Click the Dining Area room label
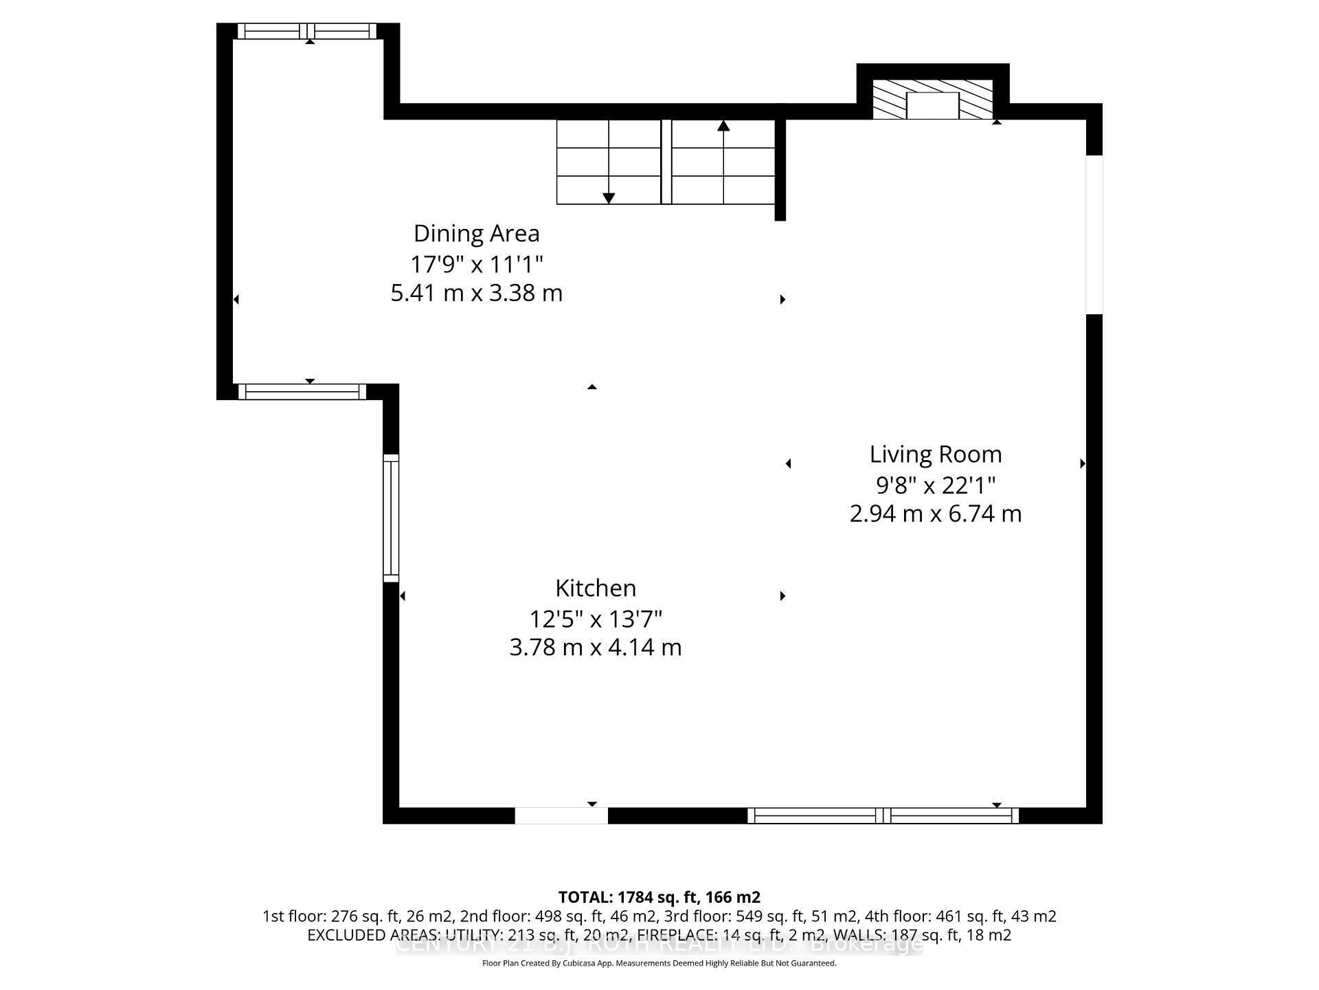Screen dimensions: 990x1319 pyautogui.click(x=476, y=234)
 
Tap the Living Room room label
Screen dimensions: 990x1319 pyautogui.click(x=935, y=454)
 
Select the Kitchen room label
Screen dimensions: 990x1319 pyautogui.click(x=595, y=588)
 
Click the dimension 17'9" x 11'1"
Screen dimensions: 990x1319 pyautogui.click(x=476, y=264)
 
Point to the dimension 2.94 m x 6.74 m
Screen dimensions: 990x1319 pyautogui.click(x=935, y=514)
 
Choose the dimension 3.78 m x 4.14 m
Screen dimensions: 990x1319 pyautogui.click(x=595, y=648)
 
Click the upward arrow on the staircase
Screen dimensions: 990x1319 pyautogui.click(x=723, y=126)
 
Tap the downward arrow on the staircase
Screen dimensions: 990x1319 pyautogui.click(x=609, y=198)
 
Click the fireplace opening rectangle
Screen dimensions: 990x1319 pyautogui.click(x=932, y=105)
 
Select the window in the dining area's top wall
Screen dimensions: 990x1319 pyautogui.click(x=307, y=31)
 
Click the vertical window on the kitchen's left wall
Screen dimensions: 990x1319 pyautogui.click(x=390, y=518)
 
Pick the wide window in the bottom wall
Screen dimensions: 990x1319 pyautogui.click(x=883, y=816)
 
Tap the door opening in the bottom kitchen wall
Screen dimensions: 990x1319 pyautogui.click(x=561, y=816)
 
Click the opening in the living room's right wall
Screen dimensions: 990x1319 pyautogui.click(x=1094, y=234)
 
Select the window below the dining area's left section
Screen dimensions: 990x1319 pyautogui.click(x=302, y=392)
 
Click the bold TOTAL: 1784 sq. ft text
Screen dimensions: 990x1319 pyautogui.click(x=659, y=897)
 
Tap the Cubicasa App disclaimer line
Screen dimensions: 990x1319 pyautogui.click(x=659, y=963)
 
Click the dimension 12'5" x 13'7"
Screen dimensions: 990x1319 pyautogui.click(x=595, y=619)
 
